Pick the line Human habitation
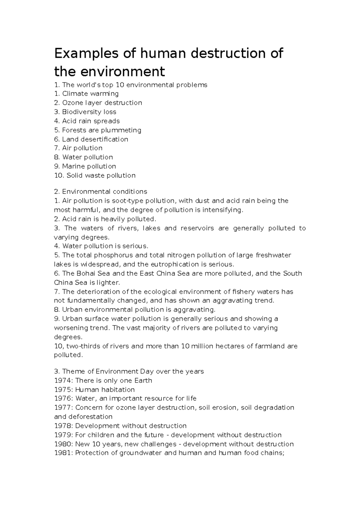click(x=94, y=390)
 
